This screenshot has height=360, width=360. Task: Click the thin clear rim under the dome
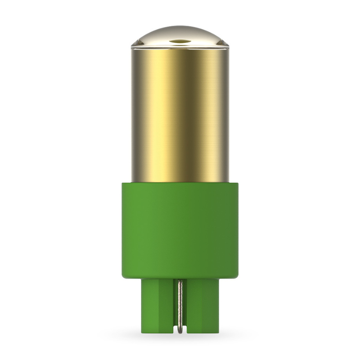click(x=180, y=46)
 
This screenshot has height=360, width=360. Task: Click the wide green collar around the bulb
click(x=180, y=229)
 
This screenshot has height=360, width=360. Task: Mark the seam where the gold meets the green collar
click(x=180, y=181)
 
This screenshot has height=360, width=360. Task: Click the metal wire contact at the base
click(x=180, y=306)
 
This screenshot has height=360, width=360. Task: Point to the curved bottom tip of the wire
click(x=180, y=332)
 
